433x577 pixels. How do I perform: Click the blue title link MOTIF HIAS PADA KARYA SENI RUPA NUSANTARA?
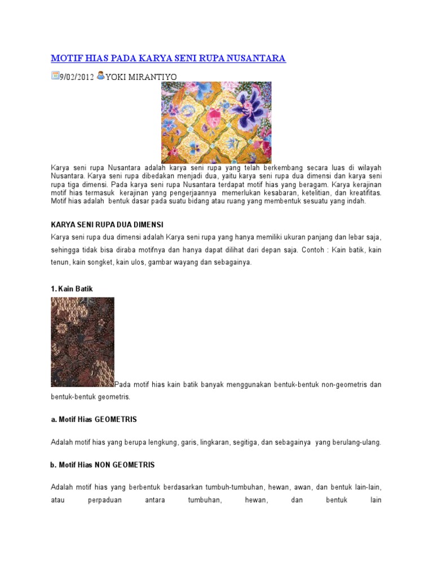point(169,58)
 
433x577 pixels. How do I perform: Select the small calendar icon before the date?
point(55,76)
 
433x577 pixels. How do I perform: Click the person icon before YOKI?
point(100,76)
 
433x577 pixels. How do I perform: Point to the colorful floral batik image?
point(216,122)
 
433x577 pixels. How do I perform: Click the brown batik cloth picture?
point(82,342)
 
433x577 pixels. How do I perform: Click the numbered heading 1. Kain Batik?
point(72,288)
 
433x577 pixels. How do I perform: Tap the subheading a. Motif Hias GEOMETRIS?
point(94,420)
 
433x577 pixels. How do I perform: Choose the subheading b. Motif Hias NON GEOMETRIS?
point(103,465)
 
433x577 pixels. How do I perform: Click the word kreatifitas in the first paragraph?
point(361,192)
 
